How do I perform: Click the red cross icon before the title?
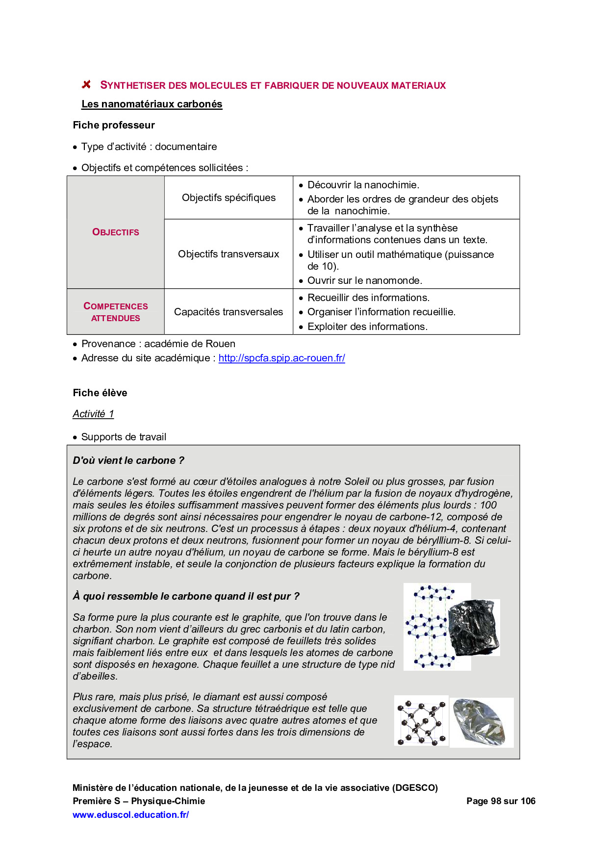86,85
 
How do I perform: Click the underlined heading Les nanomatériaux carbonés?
152,104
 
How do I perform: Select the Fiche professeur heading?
114,125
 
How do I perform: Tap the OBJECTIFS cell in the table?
116,232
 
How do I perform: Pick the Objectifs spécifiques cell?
228,198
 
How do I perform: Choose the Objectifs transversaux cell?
228,254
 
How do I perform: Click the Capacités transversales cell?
228,312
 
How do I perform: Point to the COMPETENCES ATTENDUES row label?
116,312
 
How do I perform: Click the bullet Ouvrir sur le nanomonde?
364,280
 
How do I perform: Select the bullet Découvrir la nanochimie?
363,185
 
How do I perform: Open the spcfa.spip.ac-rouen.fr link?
281,358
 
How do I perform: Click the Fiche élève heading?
100,393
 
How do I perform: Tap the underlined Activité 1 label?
93,414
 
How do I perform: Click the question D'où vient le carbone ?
128,460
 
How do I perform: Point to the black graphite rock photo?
474,627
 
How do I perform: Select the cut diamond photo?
481,722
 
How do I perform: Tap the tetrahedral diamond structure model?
421,721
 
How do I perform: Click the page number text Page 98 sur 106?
501,801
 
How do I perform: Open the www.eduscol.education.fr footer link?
130,815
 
